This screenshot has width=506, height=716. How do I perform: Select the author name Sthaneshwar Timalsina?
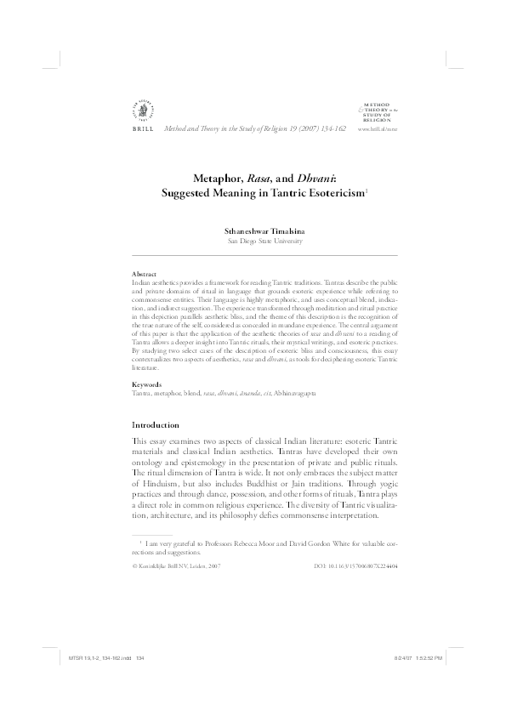click(x=253, y=229)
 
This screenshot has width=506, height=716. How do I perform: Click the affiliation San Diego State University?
click(x=253, y=241)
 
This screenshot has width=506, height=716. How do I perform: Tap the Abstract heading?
click(x=145, y=274)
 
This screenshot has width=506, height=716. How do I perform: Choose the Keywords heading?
click(x=148, y=385)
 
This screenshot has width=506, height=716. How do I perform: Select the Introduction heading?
click(x=156, y=424)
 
